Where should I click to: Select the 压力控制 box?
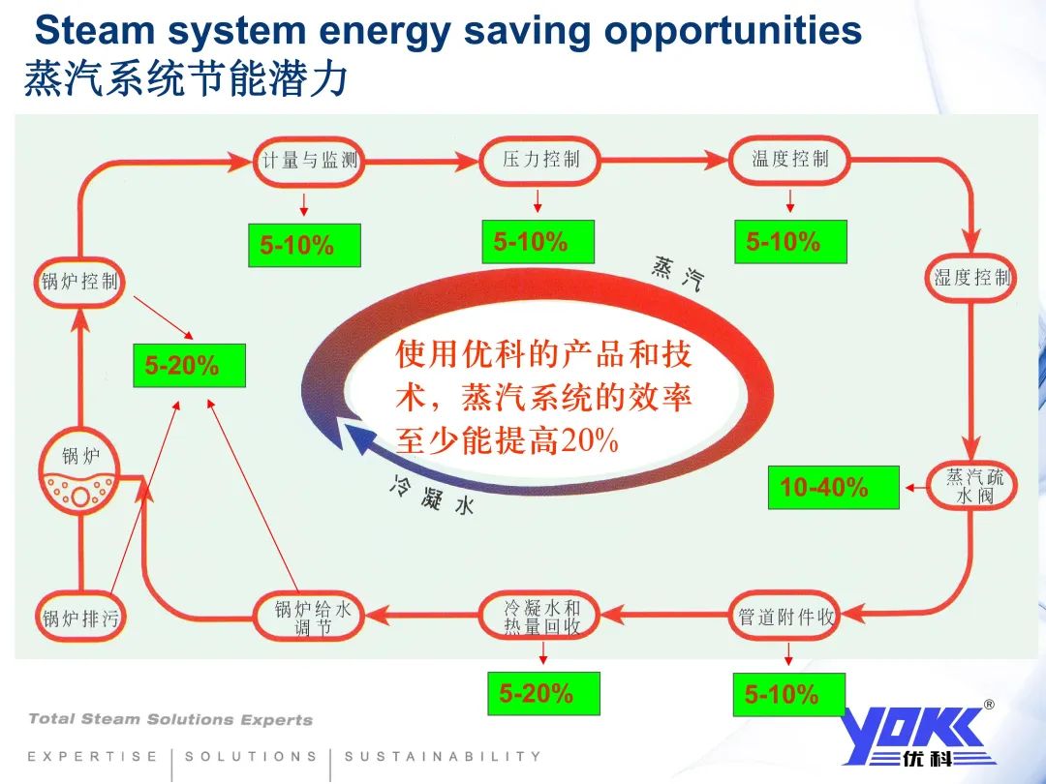coord(540,160)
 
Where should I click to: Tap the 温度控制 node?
coord(789,160)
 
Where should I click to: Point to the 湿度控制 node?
coord(971,279)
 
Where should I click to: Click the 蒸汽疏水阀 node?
coord(975,487)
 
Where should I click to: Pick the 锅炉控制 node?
coord(79,282)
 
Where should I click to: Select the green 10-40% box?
coord(833,488)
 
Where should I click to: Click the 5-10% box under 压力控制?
coord(538,242)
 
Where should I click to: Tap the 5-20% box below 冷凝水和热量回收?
coord(542,694)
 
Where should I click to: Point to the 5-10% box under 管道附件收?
coord(788,695)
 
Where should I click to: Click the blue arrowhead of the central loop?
coord(355,438)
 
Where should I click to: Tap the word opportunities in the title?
coord(732,31)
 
